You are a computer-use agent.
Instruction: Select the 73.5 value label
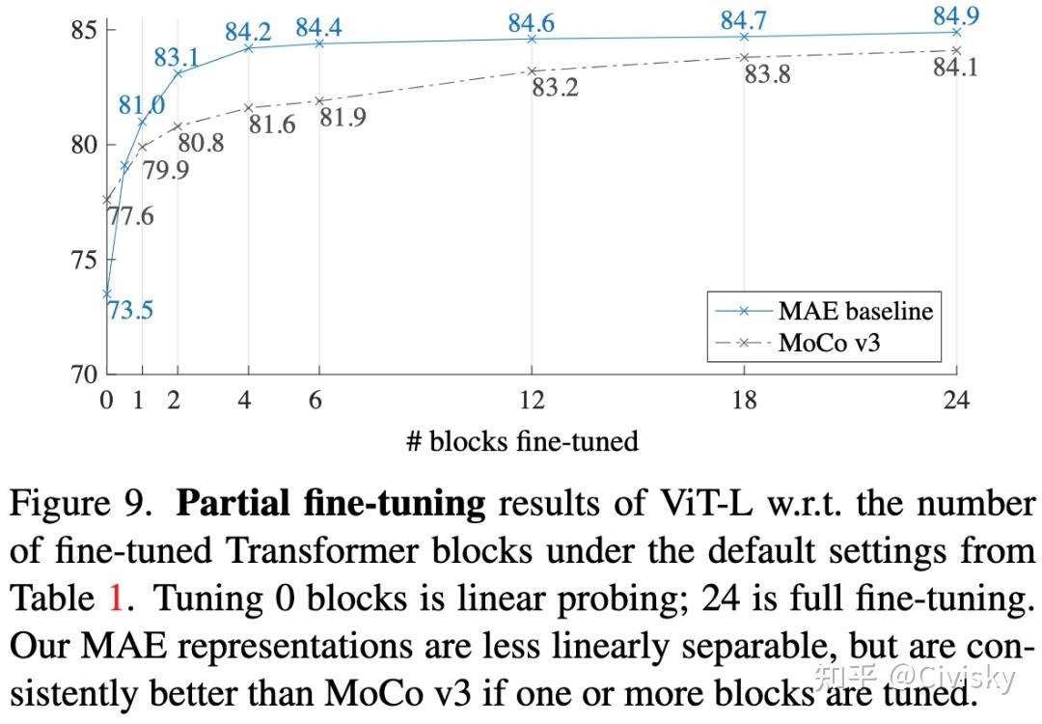[130, 310]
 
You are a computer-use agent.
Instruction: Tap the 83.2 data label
[555, 87]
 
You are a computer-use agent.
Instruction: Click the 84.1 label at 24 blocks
[955, 68]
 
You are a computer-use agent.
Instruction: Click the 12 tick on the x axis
[532, 400]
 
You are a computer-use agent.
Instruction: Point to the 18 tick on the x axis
[744, 400]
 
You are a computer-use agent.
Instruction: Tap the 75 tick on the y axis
[84, 260]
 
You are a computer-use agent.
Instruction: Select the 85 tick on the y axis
[84, 30]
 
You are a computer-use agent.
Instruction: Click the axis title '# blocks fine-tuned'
[522, 442]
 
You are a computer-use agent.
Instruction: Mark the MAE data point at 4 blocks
[249, 47]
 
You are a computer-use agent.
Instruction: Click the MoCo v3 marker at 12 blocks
[532, 71]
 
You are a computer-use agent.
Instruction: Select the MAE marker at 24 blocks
[956, 32]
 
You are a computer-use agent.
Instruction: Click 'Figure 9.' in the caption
[87, 505]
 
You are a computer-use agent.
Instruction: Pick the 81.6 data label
[271, 124]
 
